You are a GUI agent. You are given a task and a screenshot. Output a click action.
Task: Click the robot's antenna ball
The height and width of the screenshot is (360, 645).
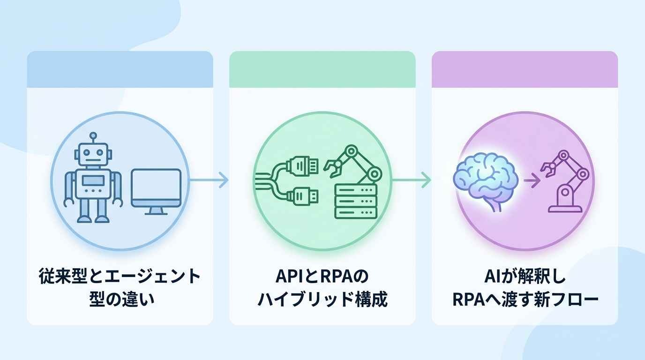(93, 135)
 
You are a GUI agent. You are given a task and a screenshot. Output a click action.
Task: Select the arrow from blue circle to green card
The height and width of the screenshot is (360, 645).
(209, 180)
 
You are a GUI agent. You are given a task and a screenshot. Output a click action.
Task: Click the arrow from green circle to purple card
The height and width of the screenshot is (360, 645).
(412, 180)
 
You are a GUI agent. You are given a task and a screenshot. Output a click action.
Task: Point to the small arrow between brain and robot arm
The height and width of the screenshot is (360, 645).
(532, 180)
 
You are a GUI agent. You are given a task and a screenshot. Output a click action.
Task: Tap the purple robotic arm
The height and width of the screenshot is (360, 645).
(565, 181)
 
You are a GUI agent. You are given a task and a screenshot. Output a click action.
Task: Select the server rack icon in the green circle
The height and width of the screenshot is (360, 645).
(356, 201)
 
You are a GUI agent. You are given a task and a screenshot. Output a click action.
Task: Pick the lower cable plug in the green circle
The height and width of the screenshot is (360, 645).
(302, 196)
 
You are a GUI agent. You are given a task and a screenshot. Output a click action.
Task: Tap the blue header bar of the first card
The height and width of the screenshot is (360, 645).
(120, 69)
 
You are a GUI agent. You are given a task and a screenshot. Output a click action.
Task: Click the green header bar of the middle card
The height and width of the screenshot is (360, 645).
(322, 69)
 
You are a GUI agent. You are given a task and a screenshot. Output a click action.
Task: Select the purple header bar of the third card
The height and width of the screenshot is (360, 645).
(525, 69)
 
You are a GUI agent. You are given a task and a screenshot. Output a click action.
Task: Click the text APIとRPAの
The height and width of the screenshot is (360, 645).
(322, 277)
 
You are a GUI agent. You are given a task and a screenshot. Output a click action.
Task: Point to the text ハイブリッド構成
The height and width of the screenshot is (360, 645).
(322, 300)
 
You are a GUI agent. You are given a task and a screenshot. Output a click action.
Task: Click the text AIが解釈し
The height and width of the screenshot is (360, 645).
(525, 277)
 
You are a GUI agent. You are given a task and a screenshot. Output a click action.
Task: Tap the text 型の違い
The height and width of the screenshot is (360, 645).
(122, 300)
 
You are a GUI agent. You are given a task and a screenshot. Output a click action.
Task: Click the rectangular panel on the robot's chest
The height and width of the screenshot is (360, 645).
(93, 180)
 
